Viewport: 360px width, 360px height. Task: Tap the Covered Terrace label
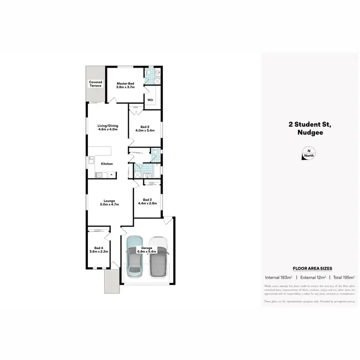click(x=96, y=84)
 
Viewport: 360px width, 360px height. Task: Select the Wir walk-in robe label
click(x=150, y=100)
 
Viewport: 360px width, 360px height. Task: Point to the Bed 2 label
click(x=144, y=129)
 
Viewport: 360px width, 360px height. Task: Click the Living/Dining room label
click(x=108, y=128)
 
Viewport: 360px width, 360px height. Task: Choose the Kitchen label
click(x=107, y=164)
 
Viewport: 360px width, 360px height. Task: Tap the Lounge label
click(x=108, y=203)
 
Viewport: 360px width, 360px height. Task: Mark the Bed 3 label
click(x=144, y=201)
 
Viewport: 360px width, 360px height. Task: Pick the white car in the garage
click(x=158, y=257)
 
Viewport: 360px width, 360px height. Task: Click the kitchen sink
click(x=90, y=160)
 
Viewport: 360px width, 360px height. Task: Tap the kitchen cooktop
click(x=99, y=174)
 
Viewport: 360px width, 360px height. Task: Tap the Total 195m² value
click(x=344, y=277)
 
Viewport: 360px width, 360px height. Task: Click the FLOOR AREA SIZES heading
click(x=309, y=268)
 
